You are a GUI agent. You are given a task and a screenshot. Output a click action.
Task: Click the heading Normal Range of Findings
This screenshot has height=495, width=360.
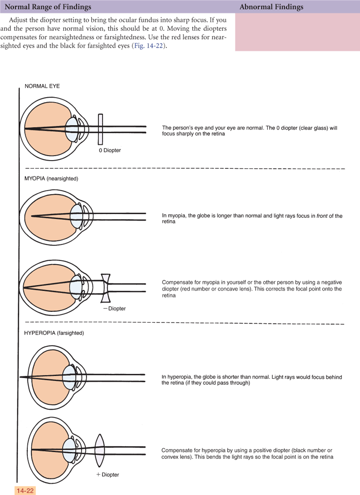pyautogui.click(x=48, y=7)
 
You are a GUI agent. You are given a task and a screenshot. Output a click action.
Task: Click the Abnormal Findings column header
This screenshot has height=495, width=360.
pyautogui.click(x=271, y=7)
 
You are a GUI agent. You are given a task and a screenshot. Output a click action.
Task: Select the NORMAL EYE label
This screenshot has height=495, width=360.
pyautogui.click(x=42, y=86)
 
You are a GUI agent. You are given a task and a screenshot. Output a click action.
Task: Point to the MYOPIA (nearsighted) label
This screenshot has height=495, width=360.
pyautogui.click(x=51, y=179)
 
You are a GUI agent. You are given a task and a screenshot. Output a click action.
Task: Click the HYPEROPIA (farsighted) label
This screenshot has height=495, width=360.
pyautogui.click(x=54, y=333)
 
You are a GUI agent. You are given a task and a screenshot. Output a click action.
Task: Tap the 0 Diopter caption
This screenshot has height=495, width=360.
pyautogui.click(x=110, y=150)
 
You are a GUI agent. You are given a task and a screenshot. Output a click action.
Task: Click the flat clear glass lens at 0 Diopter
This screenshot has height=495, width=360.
pyautogui.click(x=100, y=128)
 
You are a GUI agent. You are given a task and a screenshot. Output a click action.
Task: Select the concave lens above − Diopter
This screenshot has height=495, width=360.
pyautogui.click(x=106, y=288)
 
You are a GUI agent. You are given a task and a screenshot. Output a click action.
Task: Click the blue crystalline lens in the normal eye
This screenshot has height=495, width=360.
pyautogui.click(x=72, y=129)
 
